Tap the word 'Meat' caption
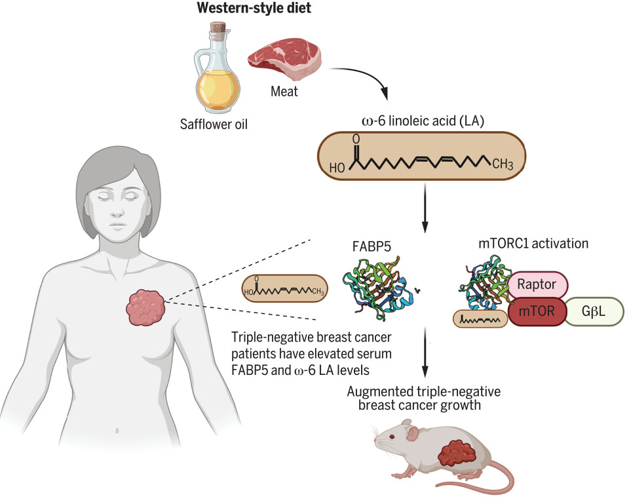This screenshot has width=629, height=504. [x=284, y=92]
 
